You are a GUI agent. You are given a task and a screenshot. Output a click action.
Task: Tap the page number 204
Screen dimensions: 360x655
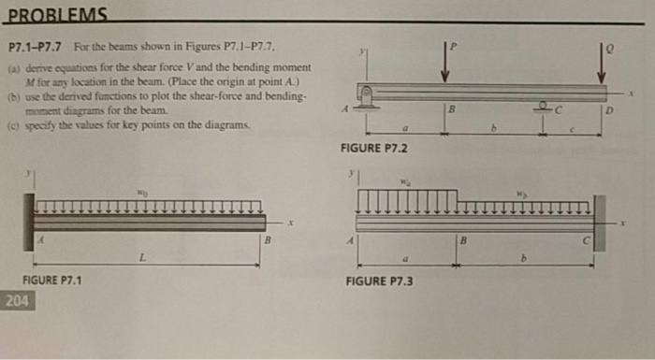[x=17, y=301]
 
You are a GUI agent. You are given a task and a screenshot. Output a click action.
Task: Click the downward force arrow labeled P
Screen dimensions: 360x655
[x=446, y=64]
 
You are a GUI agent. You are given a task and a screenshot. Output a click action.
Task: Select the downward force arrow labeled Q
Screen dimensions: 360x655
[x=601, y=64]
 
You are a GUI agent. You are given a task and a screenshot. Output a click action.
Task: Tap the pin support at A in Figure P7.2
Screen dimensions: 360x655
[x=368, y=96]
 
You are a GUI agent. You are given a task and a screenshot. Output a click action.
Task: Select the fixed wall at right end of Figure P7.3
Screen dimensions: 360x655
[x=599, y=222]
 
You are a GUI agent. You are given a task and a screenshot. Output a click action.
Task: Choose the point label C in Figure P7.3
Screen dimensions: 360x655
[x=586, y=240]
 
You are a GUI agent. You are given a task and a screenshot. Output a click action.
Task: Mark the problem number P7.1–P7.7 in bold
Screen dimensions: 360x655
[x=35, y=46]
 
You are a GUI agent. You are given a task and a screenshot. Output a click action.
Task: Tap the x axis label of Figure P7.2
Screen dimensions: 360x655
[x=633, y=94]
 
